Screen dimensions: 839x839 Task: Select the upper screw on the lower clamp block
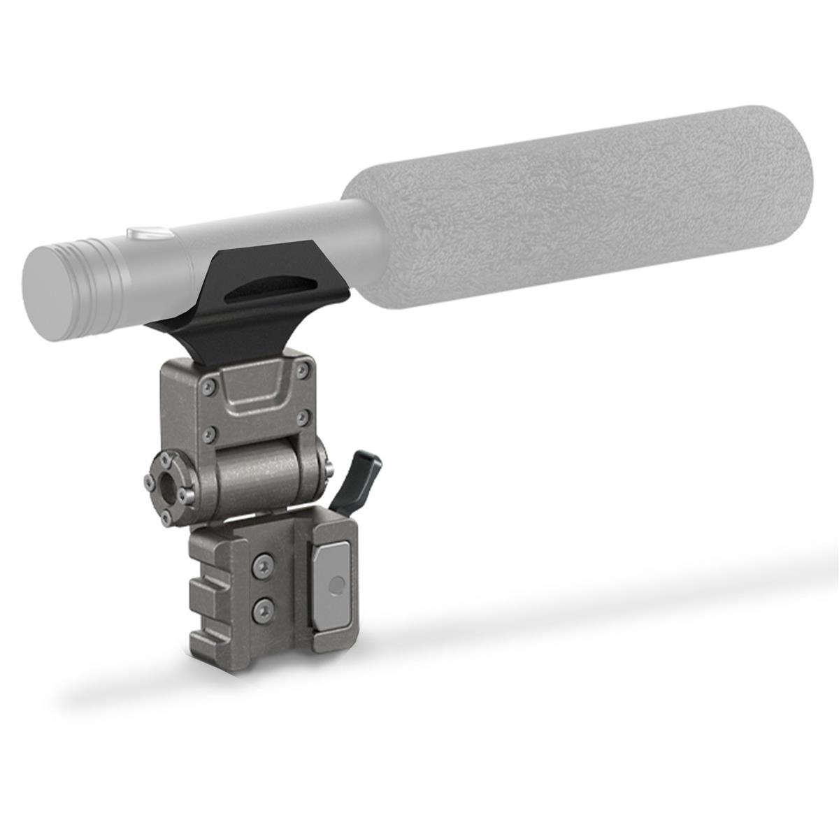[x=264, y=564]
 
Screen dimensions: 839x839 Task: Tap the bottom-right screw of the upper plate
[x=302, y=418]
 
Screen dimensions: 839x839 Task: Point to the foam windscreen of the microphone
[x=580, y=210]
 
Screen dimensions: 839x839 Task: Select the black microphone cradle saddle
[x=245, y=308]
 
